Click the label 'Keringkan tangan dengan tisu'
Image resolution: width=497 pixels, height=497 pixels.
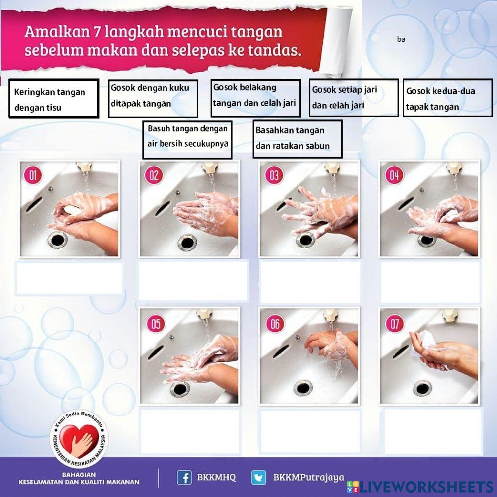click(54, 98)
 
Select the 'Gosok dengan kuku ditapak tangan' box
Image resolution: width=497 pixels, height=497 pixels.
click(153, 98)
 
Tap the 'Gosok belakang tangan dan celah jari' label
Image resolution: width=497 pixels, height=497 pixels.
click(255, 97)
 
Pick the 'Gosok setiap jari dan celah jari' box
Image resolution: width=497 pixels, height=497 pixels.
click(353, 97)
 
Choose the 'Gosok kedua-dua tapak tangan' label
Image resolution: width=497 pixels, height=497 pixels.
click(447, 98)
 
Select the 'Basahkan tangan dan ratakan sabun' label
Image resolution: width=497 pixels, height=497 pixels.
click(297, 139)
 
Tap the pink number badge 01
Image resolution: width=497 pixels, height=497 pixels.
click(33, 175)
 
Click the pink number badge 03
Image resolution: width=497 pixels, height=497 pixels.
click(274, 175)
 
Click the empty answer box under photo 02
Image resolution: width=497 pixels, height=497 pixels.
click(193, 280)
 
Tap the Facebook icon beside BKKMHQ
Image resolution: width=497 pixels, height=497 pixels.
click(184, 478)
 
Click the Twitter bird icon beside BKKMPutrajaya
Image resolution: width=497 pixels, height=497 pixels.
click(258, 478)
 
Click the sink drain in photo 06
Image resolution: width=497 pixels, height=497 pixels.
click(303, 387)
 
